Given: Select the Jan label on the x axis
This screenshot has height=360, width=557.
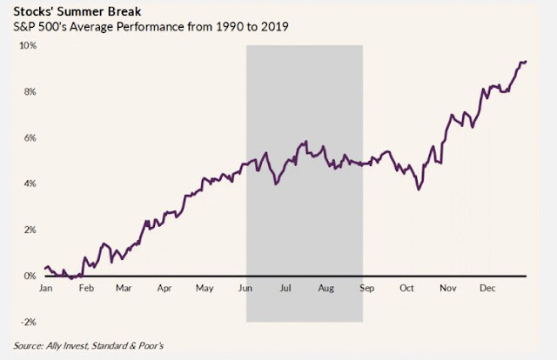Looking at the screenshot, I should pyautogui.click(x=47, y=288).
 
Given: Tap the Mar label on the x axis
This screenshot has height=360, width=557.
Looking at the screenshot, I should pyautogui.click(x=123, y=288).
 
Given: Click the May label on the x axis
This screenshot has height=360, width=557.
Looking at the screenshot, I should pyautogui.click(x=204, y=288).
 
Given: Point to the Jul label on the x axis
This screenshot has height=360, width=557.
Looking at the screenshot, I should pyautogui.click(x=285, y=288).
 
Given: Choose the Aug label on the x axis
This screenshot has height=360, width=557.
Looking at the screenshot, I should pyautogui.click(x=325, y=288).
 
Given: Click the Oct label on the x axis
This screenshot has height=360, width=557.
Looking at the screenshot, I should pyautogui.click(x=406, y=288).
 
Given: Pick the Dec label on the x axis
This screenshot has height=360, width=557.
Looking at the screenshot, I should pyautogui.click(x=487, y=288).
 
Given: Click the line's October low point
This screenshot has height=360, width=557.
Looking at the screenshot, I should pyautogui.click(x=419, y=189).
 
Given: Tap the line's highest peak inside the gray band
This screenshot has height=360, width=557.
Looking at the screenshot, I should pyautogui.click(x=305, y=142).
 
